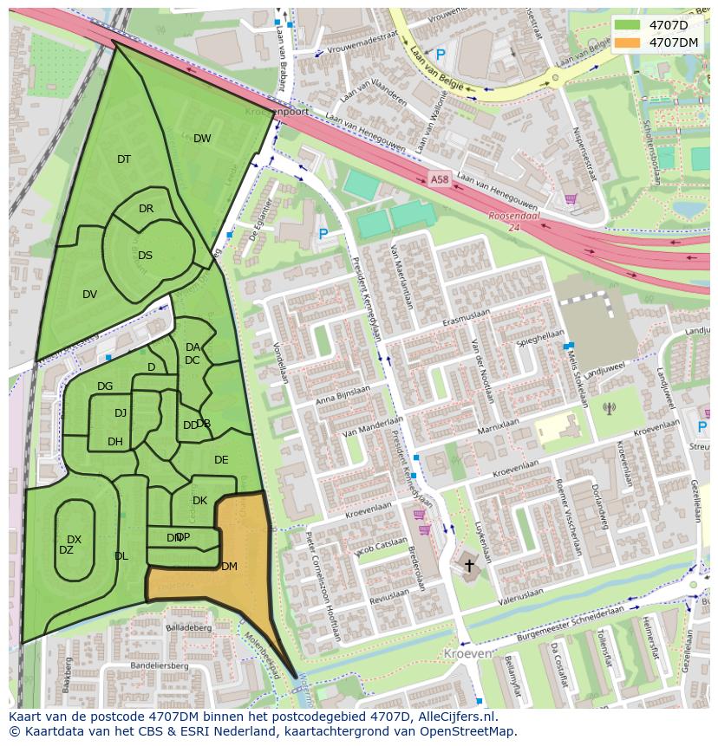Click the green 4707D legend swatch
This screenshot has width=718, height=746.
629,25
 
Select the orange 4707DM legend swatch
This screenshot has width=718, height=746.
629,42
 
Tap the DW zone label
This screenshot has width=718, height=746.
202,139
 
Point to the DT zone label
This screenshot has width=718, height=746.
124,159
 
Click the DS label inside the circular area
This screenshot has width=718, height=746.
145,256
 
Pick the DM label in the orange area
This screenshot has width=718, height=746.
229,567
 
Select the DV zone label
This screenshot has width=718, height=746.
89,295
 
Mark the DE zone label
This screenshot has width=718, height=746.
221,460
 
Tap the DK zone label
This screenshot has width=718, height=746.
199,501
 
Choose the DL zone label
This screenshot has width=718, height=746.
121,556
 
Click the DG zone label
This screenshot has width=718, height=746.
105,386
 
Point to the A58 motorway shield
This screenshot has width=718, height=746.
439,179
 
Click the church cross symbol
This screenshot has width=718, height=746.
469,566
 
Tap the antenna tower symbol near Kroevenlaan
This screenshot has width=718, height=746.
609,408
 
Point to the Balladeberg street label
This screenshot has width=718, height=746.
188,627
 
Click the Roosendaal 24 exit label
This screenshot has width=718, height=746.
514,222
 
